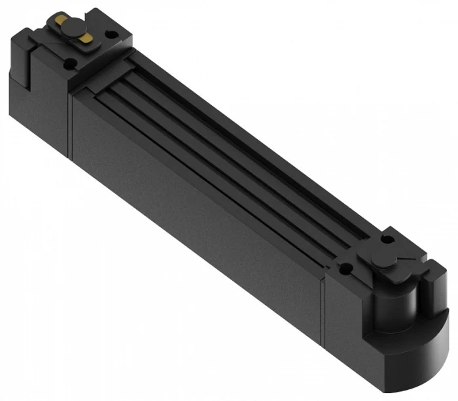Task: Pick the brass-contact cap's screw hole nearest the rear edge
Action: point(109,33)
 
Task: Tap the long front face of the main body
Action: point(196,216)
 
